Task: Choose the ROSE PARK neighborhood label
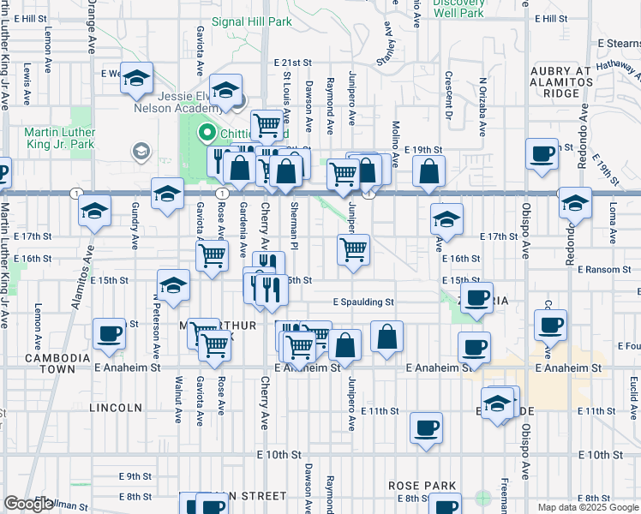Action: (x=422, y=486)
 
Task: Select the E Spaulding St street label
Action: (x=363, y=302)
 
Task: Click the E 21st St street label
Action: (x=293, y=63)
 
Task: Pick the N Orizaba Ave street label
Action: (x=482, y=107)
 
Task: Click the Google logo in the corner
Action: (x=28, y=504)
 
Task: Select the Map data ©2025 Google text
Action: (x=587, y=507)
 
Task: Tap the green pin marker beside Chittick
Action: (x=206, y=133)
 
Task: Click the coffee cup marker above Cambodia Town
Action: (x=108, y=334)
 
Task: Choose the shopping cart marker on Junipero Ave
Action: (x=353, y=250)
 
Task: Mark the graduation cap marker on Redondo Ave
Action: (x=575, y=204)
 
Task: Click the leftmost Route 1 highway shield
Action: (x=77, y=192)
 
